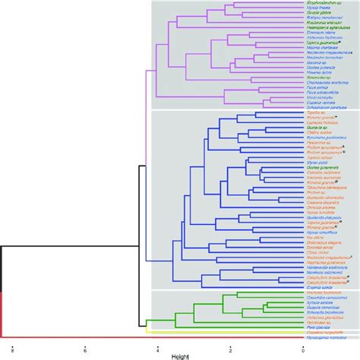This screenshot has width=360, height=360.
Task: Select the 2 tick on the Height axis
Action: point(229,346)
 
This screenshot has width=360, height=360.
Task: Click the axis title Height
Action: point(179,355)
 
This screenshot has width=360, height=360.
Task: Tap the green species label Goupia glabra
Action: point(320,14)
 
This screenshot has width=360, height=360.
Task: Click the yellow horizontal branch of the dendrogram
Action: point(228,332)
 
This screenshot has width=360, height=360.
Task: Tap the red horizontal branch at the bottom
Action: point(152,336)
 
